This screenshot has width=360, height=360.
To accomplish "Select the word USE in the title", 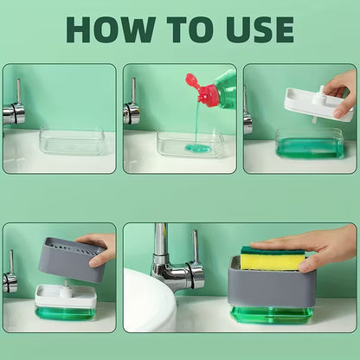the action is (x=260, y=29).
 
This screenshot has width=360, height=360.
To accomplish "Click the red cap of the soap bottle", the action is (x=202, y=89).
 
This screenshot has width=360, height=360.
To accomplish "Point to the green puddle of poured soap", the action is (x=197, y=149).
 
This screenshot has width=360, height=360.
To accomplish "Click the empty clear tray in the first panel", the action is (x=72, y=141).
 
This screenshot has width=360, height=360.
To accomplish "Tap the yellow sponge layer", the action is (x=273, y=261).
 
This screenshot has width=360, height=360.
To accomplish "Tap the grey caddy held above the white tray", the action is (x=72, y=259).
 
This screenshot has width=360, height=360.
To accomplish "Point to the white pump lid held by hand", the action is (x=318, y=105).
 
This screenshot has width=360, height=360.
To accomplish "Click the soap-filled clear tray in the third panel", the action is (x=310, y=145).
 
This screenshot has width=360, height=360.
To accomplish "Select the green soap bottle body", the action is (x=226, y=88).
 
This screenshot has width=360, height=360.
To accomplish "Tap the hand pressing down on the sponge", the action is (x=312, y=249).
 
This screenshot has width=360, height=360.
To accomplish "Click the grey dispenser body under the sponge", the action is (x=271, y=286).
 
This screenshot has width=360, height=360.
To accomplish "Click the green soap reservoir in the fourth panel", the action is (x=66, y=313).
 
